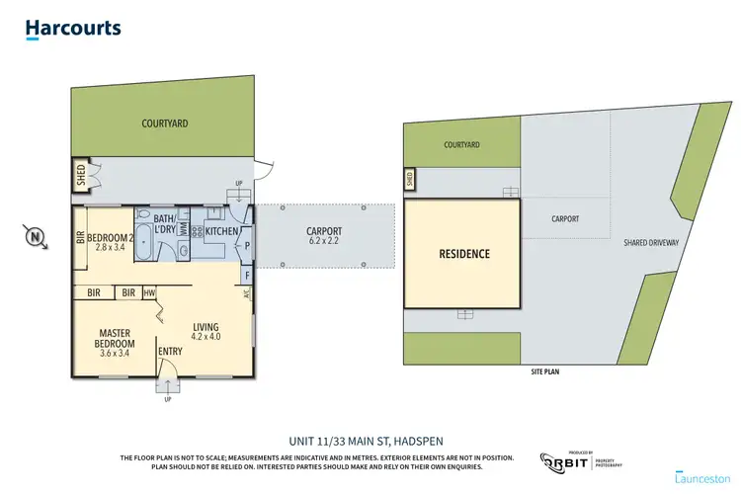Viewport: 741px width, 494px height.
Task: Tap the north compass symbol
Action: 36,236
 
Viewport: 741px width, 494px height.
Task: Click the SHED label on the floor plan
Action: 81,175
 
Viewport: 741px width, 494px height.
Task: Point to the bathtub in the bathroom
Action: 143,242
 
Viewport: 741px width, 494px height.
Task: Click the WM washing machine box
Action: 183,229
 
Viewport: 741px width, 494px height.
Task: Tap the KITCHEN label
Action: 220,229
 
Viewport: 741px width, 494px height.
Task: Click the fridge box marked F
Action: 247,277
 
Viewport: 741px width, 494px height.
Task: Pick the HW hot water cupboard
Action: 149,292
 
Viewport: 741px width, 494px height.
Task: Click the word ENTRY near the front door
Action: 171,351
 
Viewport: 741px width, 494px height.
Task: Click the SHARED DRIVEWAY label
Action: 649,241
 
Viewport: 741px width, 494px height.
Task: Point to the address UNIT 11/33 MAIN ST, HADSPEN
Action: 370,441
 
